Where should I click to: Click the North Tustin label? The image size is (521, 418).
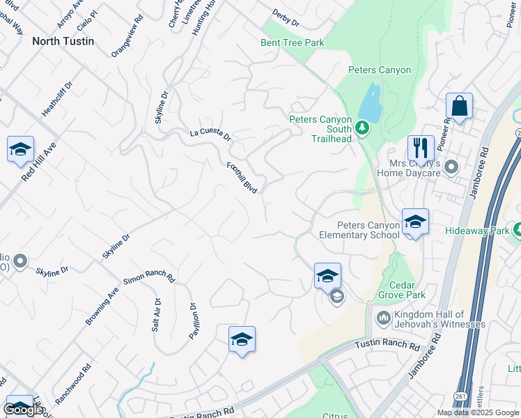(x=63, y=41)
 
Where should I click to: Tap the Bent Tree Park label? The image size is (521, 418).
(x=293, y=43)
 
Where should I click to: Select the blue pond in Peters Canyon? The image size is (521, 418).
(x=371, y=104)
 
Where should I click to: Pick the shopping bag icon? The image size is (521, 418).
(x=459, y=107)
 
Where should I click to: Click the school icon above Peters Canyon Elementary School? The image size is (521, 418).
(x=415, y=221)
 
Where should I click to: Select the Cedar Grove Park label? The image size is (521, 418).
(x=402, y=290)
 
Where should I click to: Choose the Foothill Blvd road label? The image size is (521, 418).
(x=242, y=178)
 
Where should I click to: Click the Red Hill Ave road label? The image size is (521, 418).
(x=38, y=164)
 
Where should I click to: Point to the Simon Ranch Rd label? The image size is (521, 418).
(x=148, y=278)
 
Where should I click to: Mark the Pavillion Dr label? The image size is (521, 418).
(x=194, y=320)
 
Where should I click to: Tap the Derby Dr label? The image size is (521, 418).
(x=286, y=20)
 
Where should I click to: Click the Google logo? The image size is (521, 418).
(x=22, y=410)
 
